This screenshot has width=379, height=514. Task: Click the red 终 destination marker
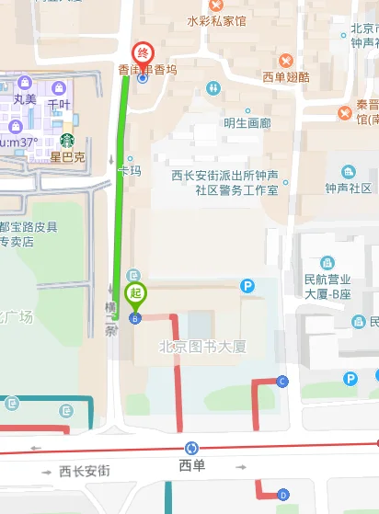142,52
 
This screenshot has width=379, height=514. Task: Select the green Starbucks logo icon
67,141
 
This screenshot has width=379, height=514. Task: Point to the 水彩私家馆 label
216,20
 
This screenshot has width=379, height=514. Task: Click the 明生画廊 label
247,122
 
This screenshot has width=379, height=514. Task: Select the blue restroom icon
213,87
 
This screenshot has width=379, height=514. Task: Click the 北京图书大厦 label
203,347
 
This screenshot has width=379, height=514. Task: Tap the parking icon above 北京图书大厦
247,287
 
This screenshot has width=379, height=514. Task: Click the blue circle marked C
282,381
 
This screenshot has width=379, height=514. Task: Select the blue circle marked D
282,495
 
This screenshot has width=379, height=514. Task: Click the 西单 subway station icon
191,448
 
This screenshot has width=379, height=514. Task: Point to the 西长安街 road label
85,471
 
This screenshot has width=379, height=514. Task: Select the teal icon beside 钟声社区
348,171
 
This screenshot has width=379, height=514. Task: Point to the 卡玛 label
130,171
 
